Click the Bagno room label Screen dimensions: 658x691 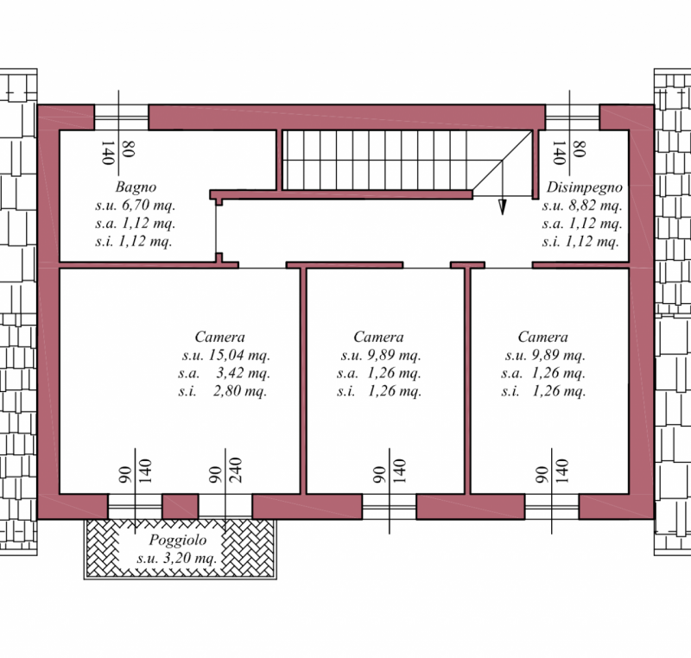[x=135, y=187]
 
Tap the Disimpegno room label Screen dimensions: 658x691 [x=585, y=187]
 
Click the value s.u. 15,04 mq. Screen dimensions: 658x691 [x=225, y=355]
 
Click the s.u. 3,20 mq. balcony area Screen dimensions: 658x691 [x=177, y=559]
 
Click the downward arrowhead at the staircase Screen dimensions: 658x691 [x=502, y=206]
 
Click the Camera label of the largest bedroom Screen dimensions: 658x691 [x=219, y=337]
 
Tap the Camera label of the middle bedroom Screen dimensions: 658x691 [x=378, y=337]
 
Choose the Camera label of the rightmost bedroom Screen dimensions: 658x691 [x=543, y=337]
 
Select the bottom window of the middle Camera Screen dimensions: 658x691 [x=389, y=507]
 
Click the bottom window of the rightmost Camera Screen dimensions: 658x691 [x=552, y=507]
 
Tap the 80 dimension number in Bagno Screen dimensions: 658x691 [x=129, y=150]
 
